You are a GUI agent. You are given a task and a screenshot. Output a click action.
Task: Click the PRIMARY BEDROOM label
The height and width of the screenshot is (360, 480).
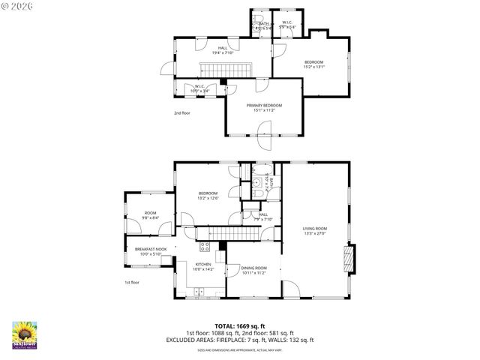coord(264,106)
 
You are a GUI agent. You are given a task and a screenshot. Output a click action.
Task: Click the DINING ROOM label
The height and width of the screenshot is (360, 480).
coord(254,268)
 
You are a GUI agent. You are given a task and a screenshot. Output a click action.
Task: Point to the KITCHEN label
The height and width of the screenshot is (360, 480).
coord(204,264)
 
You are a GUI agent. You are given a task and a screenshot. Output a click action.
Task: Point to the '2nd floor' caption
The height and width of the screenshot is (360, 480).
coord(182,113)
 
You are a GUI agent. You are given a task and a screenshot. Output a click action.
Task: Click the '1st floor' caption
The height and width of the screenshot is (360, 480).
coord(132,282)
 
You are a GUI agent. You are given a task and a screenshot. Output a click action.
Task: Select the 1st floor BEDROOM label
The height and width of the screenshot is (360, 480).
coord(208,193)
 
